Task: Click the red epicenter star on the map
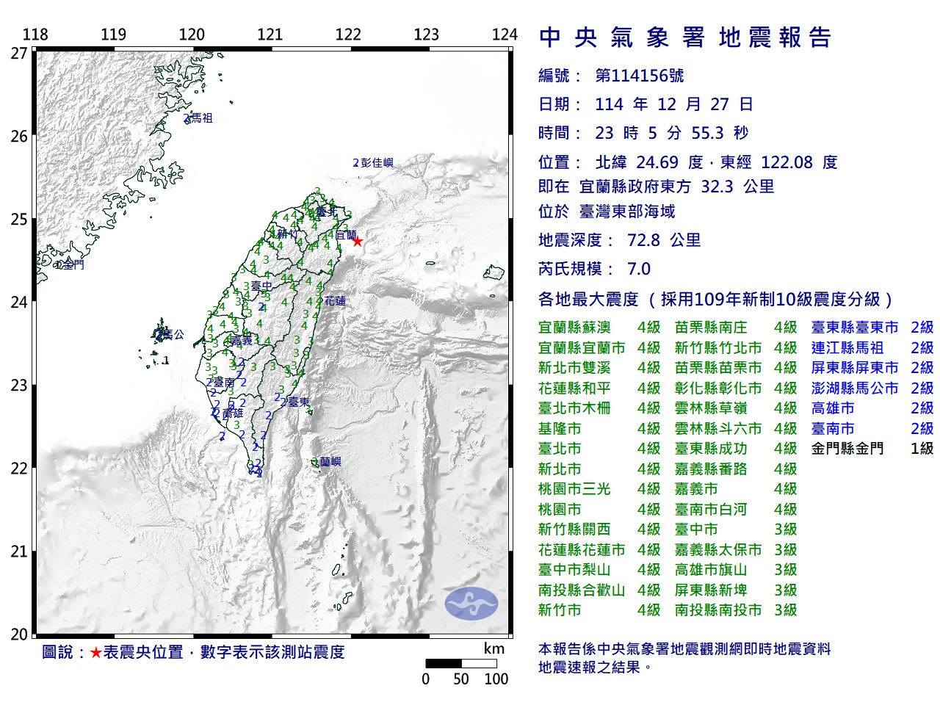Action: coord(358,241)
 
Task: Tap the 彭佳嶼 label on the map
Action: coord(377,162)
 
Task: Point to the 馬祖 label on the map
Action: coord(201,117)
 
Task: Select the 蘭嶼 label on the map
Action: coord(330,462)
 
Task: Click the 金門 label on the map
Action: coord(73,264)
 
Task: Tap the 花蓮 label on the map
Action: coord(335,300)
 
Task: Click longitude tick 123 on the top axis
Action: coord(426,35)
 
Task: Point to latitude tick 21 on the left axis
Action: coord(18,552)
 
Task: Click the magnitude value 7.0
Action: coord(639,269)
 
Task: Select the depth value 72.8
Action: coord(643,240)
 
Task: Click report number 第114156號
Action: coord(639,76)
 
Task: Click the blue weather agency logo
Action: coord(471,604)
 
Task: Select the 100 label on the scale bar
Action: coord(496,679)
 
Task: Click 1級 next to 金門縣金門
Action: coord(922,449)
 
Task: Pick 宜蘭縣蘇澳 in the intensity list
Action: coord(574,328)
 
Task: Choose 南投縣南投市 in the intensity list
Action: coord(718,610)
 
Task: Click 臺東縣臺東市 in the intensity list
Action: coord(855,328)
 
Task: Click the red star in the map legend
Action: coord(95,652)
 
